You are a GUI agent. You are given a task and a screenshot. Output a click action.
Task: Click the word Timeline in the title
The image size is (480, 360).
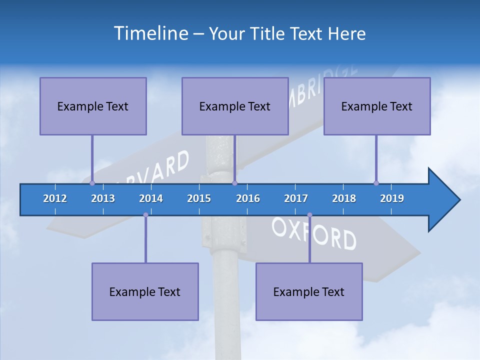[x=150, y=33]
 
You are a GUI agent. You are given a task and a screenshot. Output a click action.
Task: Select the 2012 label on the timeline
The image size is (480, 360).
[x=55, y=198]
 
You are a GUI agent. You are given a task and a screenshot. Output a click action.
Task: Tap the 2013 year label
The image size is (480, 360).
[x=103, y=198]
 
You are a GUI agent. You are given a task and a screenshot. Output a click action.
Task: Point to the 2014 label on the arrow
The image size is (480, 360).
[x=151, y=198]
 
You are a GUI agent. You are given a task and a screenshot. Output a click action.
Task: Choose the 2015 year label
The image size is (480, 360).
[x=199, y=198]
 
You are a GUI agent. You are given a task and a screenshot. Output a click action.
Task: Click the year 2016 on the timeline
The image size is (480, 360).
[x=248, y=198]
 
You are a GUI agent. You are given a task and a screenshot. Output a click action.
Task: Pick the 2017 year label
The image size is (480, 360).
[x=296, y=198]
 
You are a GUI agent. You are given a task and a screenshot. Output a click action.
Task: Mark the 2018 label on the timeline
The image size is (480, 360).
[x=344, y=198]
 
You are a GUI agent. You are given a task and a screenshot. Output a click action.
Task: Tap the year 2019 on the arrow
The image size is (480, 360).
[x=392, y=198]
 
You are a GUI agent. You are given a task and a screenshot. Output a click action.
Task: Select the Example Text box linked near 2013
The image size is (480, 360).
[x=93, y=106]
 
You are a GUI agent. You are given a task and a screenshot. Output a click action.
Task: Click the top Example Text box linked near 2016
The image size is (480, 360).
[x=235, y=106]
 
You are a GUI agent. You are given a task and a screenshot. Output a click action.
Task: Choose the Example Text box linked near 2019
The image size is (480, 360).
[x=377, y=106]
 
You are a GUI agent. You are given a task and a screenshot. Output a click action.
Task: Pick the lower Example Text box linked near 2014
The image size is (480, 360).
[x=145, y=291]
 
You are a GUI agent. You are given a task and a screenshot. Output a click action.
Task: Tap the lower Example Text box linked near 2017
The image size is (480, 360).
[x=309, y=291]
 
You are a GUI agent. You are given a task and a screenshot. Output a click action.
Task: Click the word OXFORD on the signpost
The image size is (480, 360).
[x=314, y=233]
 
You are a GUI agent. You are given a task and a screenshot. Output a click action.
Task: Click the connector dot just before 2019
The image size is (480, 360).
[x=376, y=183]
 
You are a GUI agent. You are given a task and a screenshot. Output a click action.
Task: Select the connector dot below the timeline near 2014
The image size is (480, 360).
[x=145, y=215]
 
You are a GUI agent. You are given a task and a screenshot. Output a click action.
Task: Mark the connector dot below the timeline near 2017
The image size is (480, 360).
[x=309, y=215]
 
